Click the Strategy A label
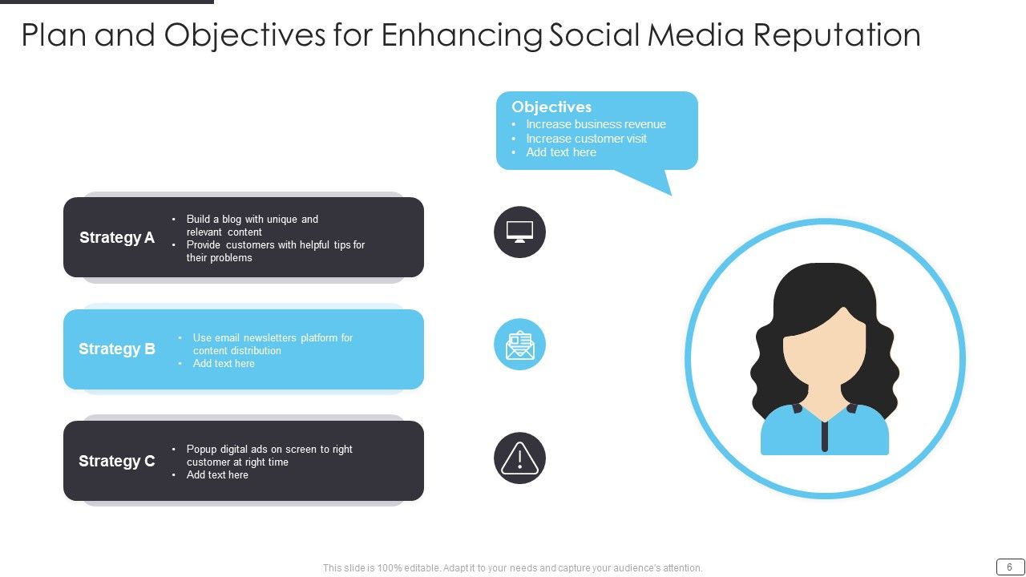pyautogui.click(x=117, y=237)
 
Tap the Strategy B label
pyautogui.click(x=117, y=349)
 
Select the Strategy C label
pyautogui.click(x=117, y=461)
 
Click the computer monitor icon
pyautogui.click(x=519, y=232)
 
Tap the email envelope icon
pyautogui.click(x=519, y=345)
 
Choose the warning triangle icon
pyautogui.click(x=519, y=458)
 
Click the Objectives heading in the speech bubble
pyautogui.click(x=551, y=107)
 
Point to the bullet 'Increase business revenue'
pyautogui.click(x=596, y=124)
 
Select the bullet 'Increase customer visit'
pyautogui.click(x=586, y=139)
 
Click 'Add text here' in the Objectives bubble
pyautogui.click(x=561, y=152)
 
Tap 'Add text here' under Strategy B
pyautogui.click(x=224, y=364)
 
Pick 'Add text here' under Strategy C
pyautogui.click(x=217, y=475)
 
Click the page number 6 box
pyautogui.click(x=1009, y=567)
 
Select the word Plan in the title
pyautogui.click(x=54, y=35)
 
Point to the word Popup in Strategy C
pyautogui.click(x=202, y=450)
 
